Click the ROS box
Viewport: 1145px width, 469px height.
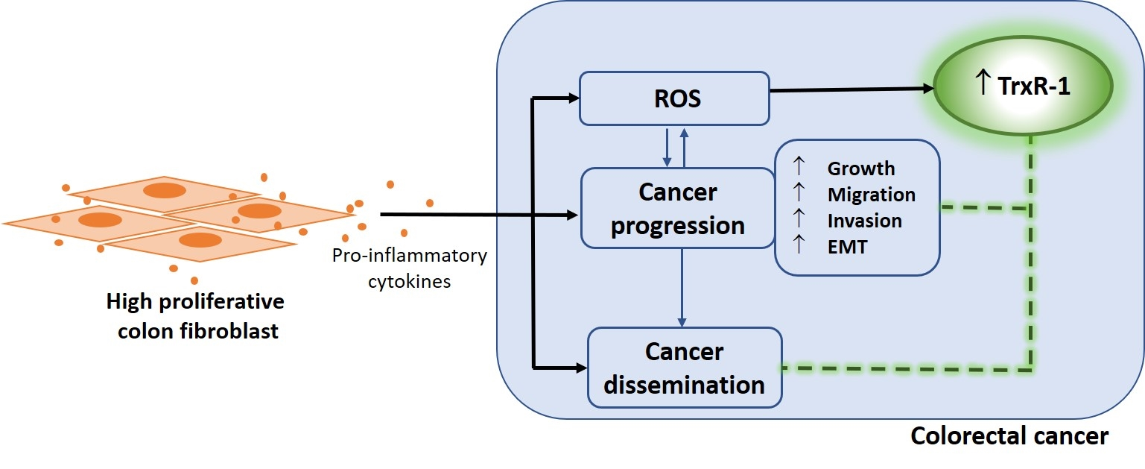pyautogui.click(x=674, y=98)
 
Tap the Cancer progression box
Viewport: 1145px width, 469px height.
pyautogui.click(x=677, y=208)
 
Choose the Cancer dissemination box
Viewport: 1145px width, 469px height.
pyautogui.click(x=684, y=368)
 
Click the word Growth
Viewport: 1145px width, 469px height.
pyautogui.click(x=860, y=169)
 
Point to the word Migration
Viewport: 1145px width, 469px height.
pyautogui.click(x=871, y=195)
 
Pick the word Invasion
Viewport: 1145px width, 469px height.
pyautogui.click(x=864, y=221)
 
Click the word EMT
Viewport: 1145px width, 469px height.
pyautogui.click(x=847, y=247)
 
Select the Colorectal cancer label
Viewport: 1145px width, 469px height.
pyautogui.click(x=1009, y=436)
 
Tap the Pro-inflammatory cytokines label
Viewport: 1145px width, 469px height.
pyautogui.click(x=410, y=269)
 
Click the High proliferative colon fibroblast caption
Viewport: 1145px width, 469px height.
pyautogui.click(x=195, y=316)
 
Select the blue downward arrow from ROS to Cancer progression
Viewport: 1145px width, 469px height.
pyautogui.click(x=667, y=146)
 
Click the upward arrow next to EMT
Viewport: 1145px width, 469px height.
pyautogui.click(x=799, y=245)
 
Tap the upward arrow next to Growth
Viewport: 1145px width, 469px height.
pyautogui.click(x=799, y=167)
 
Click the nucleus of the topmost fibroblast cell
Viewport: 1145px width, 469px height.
pyautogui.click(x=164, y=190)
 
